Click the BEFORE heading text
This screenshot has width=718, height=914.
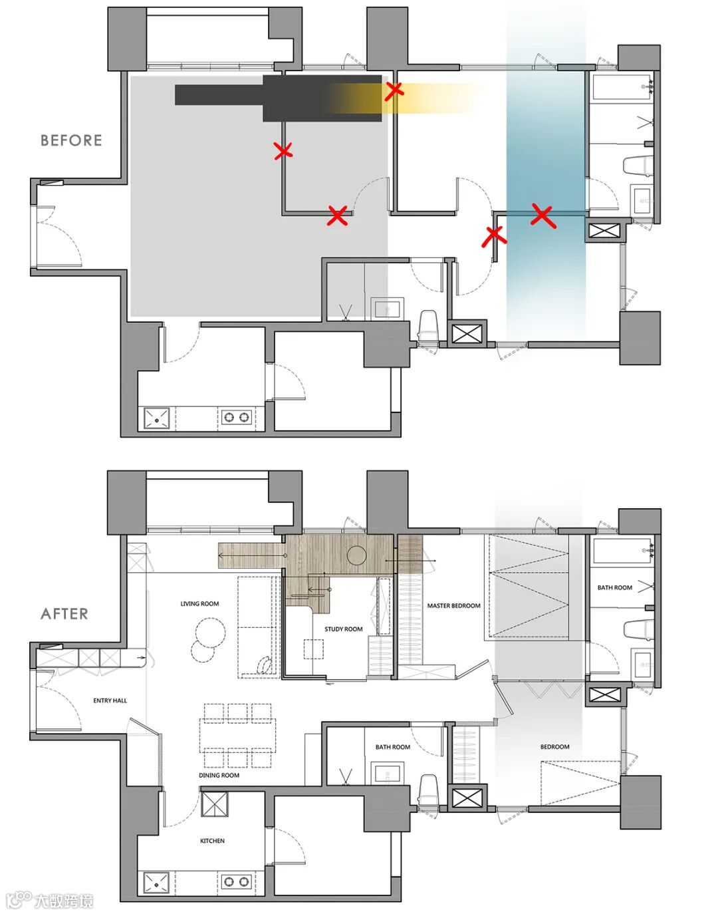[71, 140]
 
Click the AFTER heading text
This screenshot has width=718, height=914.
[64, 614]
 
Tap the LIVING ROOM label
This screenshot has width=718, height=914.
[199, 603]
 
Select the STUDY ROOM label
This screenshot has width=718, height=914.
[344, 629]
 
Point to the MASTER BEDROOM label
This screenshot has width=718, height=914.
[453, 606]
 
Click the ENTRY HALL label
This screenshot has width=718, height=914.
[110, 700]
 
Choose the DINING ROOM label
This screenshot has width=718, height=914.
[219, 775]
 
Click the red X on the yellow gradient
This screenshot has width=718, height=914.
[394, 91]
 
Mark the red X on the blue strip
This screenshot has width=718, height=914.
[543, 216]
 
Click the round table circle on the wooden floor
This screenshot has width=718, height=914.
[357, 555]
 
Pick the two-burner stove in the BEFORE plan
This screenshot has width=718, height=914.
[237, 417]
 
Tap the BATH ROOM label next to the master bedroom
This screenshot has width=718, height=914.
[614, 587]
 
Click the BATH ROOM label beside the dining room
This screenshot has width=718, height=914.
[393, 747]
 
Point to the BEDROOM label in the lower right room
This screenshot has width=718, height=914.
[555, 746]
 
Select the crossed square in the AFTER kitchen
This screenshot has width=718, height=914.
[214, 804]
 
